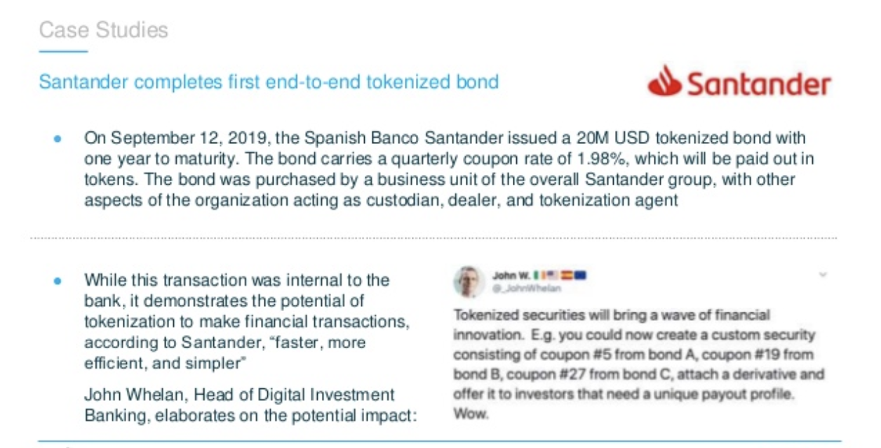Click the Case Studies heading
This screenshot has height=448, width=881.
(103, 30)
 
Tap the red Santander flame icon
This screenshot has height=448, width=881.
(665, 81)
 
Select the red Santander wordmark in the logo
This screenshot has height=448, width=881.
(760, 84)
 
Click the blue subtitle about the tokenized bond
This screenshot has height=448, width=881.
(269, 82)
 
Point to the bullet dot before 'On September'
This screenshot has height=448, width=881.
(58, 138)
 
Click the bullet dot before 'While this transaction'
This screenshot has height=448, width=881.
(58, 281)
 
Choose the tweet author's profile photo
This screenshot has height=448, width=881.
(468, 282)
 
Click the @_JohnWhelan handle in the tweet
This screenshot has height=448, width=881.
(527, 289)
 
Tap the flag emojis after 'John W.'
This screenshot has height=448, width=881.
(560, 275)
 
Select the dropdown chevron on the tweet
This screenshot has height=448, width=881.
(823, 275)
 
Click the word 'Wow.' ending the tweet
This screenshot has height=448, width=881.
(471, 414)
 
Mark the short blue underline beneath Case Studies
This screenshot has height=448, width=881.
(63, 51)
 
